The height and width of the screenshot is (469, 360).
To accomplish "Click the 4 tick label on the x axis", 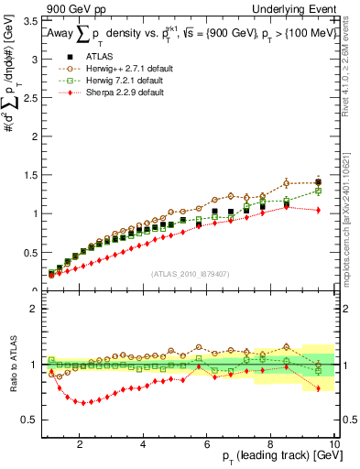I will pyautogui.click(x=144, y=445).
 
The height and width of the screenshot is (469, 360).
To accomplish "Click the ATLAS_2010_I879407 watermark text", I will pyautogui.click(x=191, y=274).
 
